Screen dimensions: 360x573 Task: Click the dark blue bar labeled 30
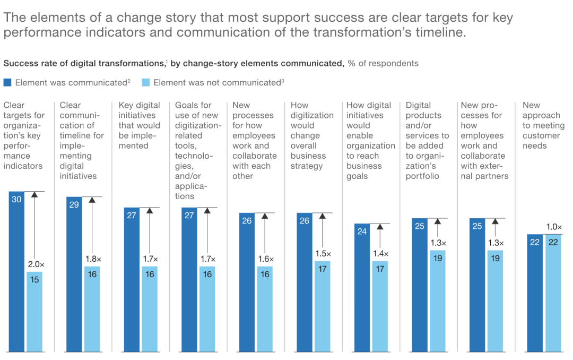coord(16,271)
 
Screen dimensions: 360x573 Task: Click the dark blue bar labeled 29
coord(74,274)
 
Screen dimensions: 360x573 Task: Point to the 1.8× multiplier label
coord(92,259)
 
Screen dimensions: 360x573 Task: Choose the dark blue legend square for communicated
coord(7,82)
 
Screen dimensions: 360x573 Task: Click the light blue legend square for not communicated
coord(146,82)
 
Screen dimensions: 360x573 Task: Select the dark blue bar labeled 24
coord(362,287)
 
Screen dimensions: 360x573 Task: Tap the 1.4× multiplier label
coord(380,253)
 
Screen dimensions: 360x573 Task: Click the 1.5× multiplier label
coord(322,253)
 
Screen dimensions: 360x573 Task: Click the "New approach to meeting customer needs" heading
coord(542,125)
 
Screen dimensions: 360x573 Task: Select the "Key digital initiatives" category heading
coord(140,125)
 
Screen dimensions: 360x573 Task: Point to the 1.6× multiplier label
coord(265,259)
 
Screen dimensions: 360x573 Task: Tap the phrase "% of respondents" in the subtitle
coord(383,64)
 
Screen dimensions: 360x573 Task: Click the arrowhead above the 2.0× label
coord(34,195)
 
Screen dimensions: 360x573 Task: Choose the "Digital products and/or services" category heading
coord(427,141)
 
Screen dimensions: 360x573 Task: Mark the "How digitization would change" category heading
coord(312,135)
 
